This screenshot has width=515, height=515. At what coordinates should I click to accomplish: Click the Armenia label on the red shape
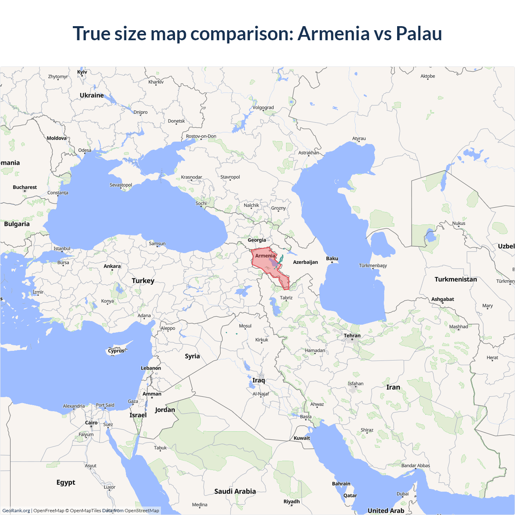click(265, 256)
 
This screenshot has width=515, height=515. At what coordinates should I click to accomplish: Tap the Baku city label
click(332, 258)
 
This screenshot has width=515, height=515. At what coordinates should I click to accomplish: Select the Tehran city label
click(352, 336)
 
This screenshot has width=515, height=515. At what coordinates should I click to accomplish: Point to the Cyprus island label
click(116, 351)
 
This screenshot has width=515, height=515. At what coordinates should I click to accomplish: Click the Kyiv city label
click(82, 72)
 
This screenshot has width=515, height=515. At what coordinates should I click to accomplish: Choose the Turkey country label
click(143, 281)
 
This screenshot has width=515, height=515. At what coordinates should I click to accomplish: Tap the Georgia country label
click(257, 240)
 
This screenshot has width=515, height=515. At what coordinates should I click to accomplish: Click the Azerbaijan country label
click(305, 262)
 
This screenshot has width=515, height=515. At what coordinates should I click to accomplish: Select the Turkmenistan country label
click(455, 279)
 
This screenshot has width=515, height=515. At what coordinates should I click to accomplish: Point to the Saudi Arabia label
click(235, 491)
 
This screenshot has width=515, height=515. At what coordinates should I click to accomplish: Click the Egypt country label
click(66, 482)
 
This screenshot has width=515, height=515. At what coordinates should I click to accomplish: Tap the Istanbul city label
click(62, 249)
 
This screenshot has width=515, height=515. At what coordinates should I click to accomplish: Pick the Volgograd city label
click(263, 107)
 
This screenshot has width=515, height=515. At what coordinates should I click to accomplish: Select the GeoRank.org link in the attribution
click(16, 511)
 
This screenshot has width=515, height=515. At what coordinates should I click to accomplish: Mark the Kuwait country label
click(302, 438)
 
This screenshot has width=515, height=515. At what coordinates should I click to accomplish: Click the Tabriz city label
click(286, 298)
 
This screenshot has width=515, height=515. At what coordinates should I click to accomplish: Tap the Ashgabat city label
click(443, 299)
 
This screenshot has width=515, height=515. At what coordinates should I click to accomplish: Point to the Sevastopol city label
click(121, 185)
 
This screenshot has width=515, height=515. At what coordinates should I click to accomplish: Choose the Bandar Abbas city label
click(416, 466)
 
